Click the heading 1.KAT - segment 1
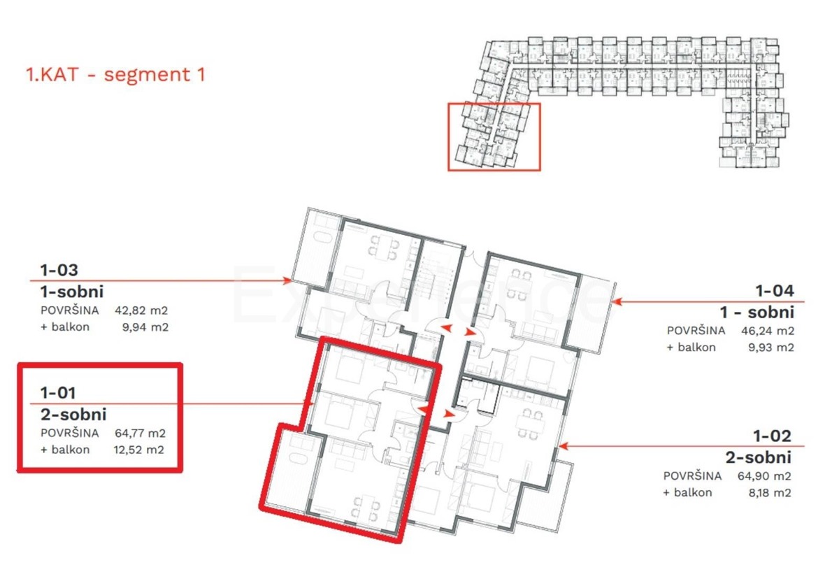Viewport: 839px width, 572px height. click(115, 75)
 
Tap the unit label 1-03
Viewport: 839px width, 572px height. click(59, 269)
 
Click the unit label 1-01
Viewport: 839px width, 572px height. click(58, 393)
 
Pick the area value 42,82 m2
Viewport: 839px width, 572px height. click(142, 310)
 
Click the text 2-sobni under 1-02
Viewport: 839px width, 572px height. click(759, 458)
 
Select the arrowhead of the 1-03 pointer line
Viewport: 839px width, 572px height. click(287, 280)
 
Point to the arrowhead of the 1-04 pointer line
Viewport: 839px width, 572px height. click(616, 302)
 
